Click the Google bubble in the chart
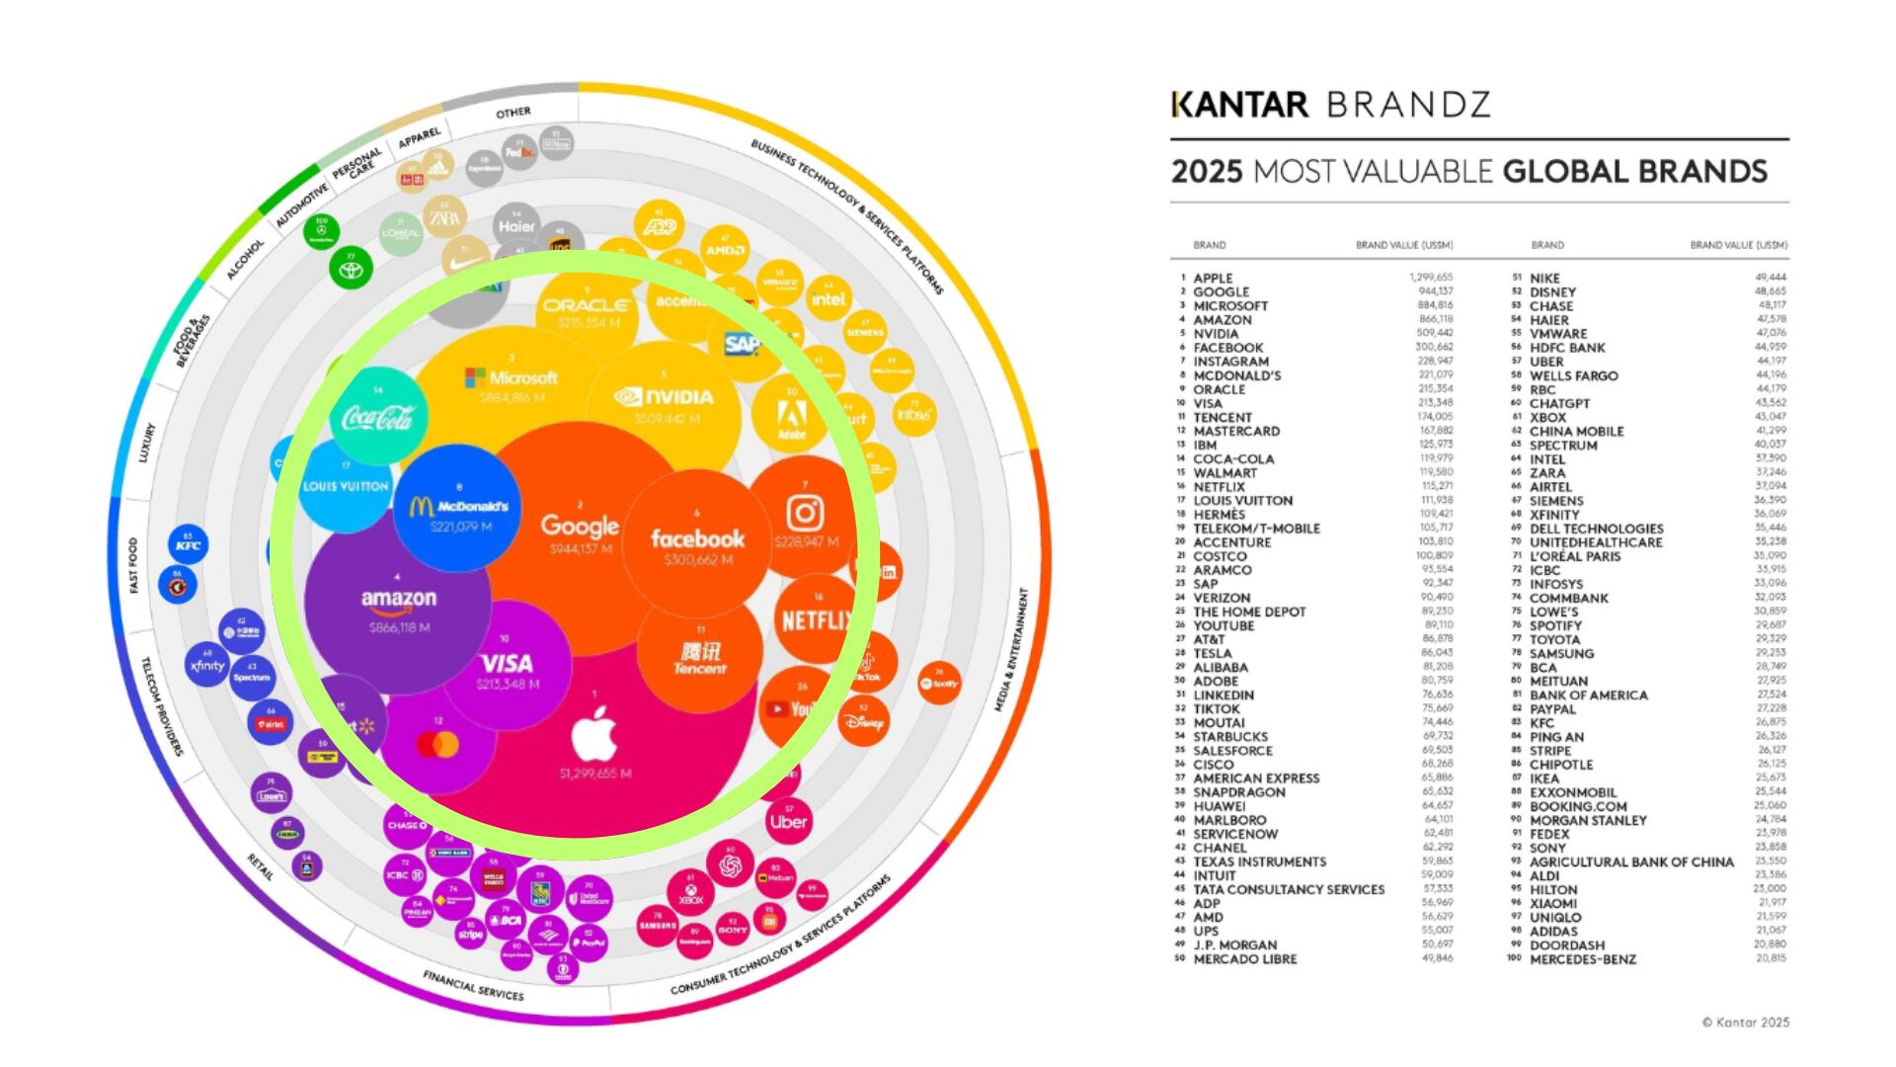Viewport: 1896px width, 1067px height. click(x=580, y=529)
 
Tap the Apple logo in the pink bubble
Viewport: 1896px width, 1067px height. click(x=594, y=735)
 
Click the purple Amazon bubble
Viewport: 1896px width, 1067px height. click(x=398, y=603)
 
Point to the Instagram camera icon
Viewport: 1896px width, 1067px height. click(x=805, y=513)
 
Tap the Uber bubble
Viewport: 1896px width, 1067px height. click(x=789, y=821)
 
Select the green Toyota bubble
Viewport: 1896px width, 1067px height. click(x=349, y=268)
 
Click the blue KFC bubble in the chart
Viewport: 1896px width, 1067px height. click(x=188, y=545)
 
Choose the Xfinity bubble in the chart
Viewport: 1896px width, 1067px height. click(x=207, y=665)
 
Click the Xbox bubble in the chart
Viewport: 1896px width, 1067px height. click(x=691, y=895)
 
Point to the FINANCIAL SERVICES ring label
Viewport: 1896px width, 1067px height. click(x=473, y=985)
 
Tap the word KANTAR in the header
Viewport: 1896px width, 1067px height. click(x=1239, y=105)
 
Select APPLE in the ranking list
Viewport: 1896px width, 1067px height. click(x=1213, y=279)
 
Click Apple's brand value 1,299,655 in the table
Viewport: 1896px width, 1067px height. click(x=1431, y=279)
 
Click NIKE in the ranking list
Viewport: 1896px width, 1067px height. click(x=1544, y=279)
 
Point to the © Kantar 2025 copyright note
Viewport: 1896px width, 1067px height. click(x=1745, y=1023)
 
